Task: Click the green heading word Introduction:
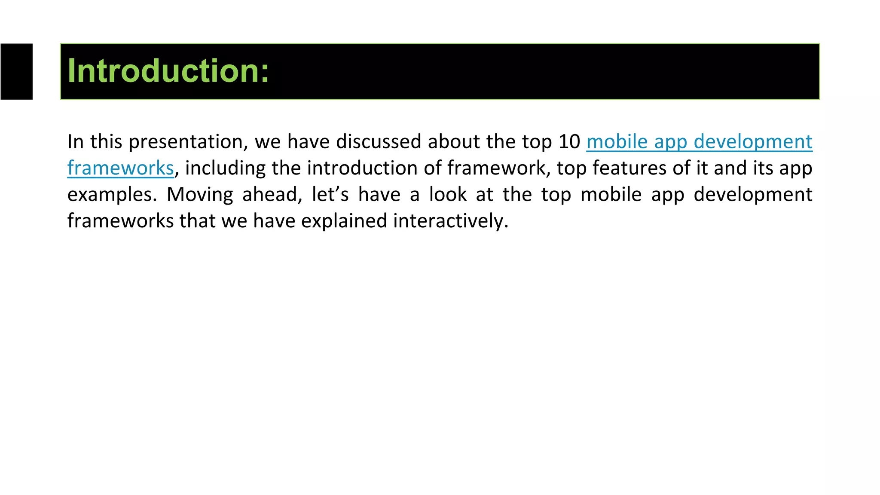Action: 168,71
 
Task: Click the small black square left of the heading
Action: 16,71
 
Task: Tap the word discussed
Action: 378,142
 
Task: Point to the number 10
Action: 569,142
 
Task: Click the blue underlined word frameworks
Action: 120,168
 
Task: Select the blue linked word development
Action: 753,142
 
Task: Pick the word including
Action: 225,168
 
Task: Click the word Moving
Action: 200,195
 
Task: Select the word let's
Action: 330,195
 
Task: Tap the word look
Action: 448,195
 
